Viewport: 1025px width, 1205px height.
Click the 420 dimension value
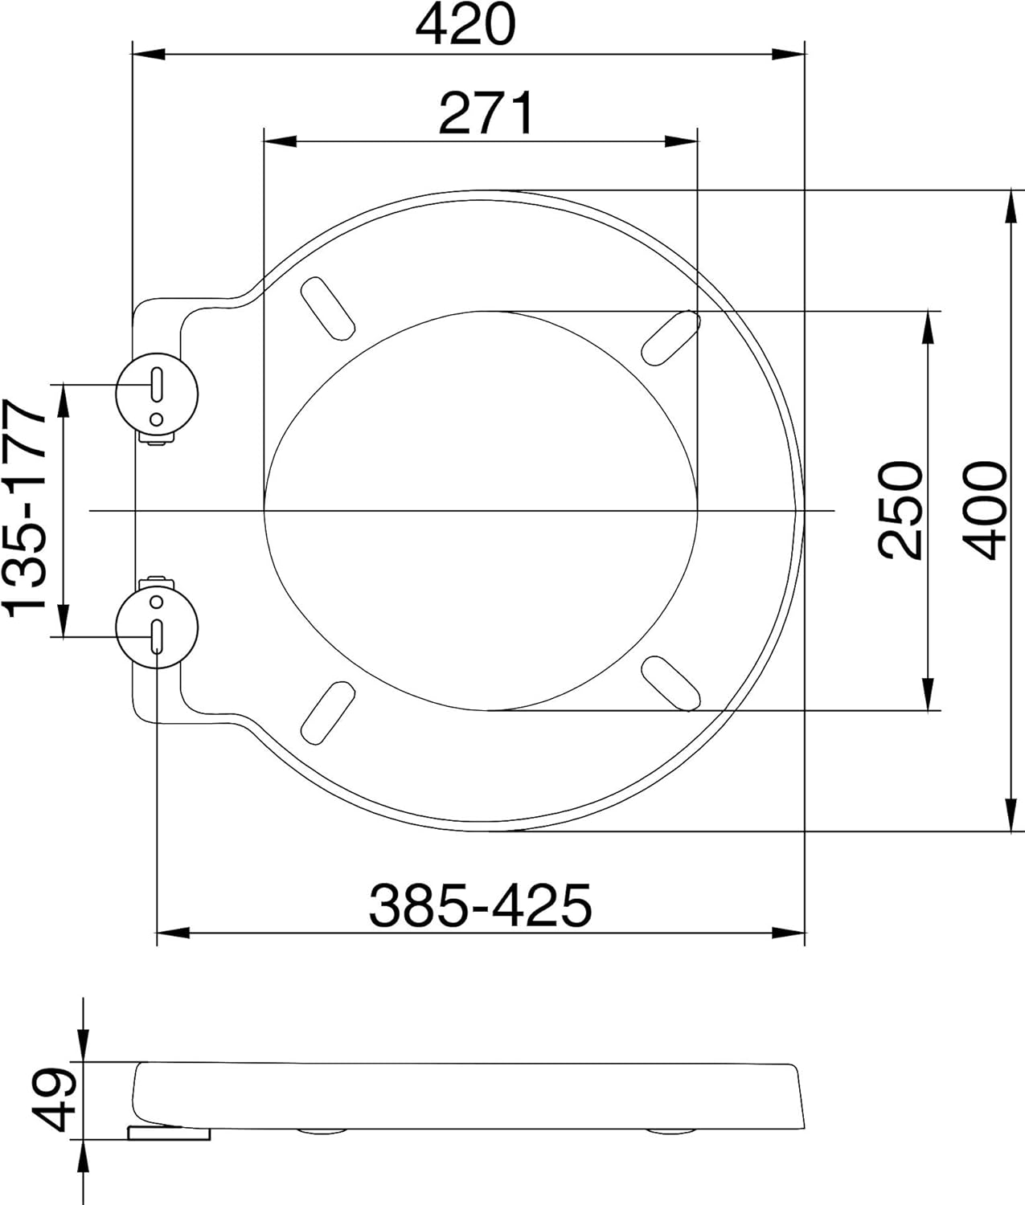point(465,24)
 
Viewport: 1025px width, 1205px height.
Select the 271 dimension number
point(486,112)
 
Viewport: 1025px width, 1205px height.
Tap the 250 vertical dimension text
point(900,510)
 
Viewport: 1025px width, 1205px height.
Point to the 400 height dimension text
point(985,510)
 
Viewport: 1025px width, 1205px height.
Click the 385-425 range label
point(480,905)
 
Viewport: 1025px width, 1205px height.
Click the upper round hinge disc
point(157,394)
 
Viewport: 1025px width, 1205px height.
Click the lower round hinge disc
point(157,628)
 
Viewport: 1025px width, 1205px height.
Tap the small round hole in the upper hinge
point(156,419)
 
